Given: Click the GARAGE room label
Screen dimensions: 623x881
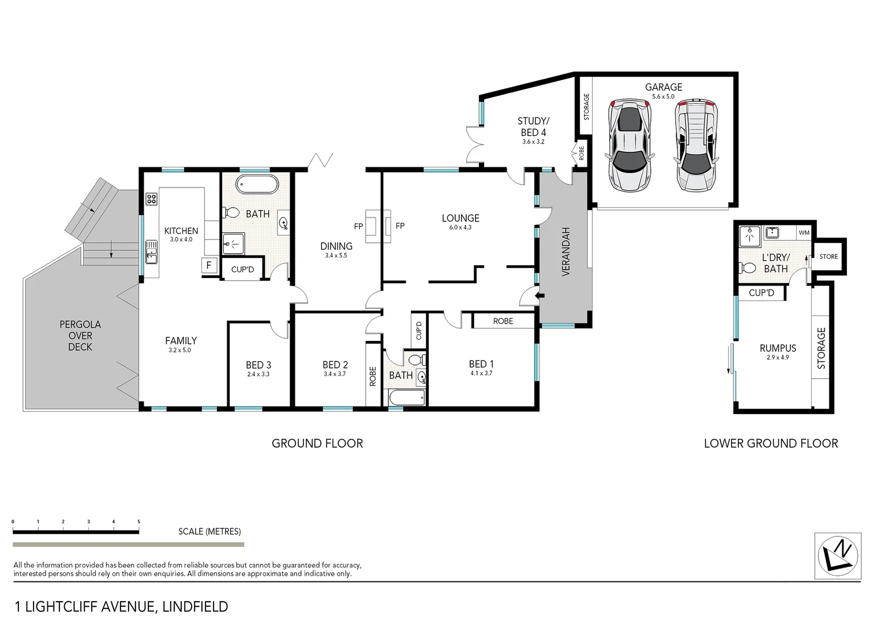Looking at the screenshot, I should click(x=663, y=87).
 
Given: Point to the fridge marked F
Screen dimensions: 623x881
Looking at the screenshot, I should click(x=208, y=266).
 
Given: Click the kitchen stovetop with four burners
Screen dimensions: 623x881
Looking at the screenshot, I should click(x=152, y=199).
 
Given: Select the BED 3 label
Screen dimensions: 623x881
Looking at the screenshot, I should click(x=258, y=365).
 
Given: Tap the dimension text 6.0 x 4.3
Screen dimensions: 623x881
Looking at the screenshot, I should click(x=460, y=228).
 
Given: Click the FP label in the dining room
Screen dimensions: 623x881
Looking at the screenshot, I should click(x=358, y=226).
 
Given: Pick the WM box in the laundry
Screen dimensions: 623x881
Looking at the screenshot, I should click(x=804, y=232).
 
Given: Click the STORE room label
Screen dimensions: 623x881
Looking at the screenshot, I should click(x=828, y=257).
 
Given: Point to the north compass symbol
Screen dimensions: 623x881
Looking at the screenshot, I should click(x=837, y=556).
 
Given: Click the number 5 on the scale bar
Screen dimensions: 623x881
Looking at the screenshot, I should click(x=138, y=521).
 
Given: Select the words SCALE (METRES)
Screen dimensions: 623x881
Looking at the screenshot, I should click(x=209, y=531).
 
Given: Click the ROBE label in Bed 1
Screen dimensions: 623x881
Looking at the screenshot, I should click(x=503, y=321).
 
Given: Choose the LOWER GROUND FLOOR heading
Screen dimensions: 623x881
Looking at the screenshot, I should click(x=771, y=443).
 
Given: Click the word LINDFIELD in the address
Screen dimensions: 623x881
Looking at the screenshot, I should click(x=196, y=607).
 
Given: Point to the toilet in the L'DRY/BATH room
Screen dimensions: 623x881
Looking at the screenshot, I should click(x=748, y=268).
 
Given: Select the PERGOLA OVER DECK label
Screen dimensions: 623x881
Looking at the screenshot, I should click(x=80, y=336).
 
